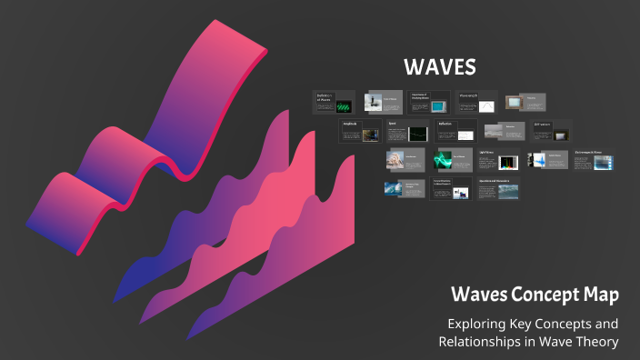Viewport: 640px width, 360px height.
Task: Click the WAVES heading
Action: coord(440,68)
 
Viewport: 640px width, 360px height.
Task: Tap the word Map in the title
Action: coord(604,295)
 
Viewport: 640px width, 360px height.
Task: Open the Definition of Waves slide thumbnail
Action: coord(334,102)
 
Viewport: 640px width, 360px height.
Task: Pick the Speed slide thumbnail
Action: coord(407,131)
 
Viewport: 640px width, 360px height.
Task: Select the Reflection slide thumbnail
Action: coord(455,131)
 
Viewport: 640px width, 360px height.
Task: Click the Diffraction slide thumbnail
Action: coord(550,131)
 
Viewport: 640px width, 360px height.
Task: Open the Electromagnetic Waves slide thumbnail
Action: coord(595,160)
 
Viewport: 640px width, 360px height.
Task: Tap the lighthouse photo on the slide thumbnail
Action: coord(374,103)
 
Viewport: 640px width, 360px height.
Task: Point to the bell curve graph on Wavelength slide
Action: coord(487,105)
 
